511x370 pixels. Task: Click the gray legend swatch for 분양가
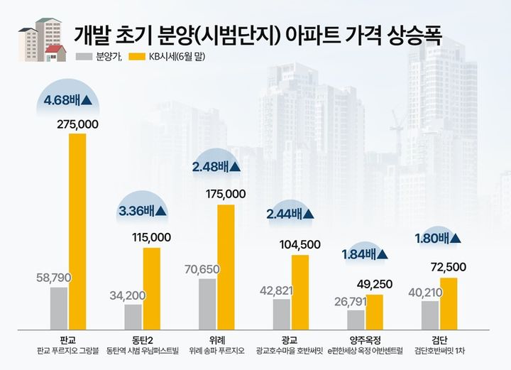click(84, 56)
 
